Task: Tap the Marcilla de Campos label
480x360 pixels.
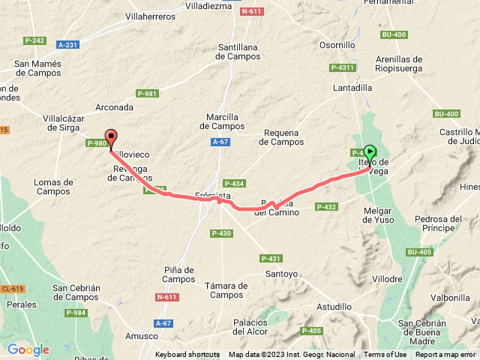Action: (223, 121)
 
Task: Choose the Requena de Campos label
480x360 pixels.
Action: (281, 136)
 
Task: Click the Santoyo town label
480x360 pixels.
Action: (282, 274)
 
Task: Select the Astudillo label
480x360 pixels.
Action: (334, 307)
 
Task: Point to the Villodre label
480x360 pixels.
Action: (388, 278)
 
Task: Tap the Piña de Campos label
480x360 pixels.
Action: (178, 275)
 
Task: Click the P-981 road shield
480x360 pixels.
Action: (147, 93)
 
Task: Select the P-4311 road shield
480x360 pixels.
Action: (343, 67)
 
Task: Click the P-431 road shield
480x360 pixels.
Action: (271, 258)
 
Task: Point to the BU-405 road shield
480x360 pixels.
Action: (420, 252)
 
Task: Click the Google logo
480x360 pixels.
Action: (28, 349)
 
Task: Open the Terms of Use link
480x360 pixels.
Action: (385, 355)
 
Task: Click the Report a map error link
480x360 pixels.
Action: (445, 355)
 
